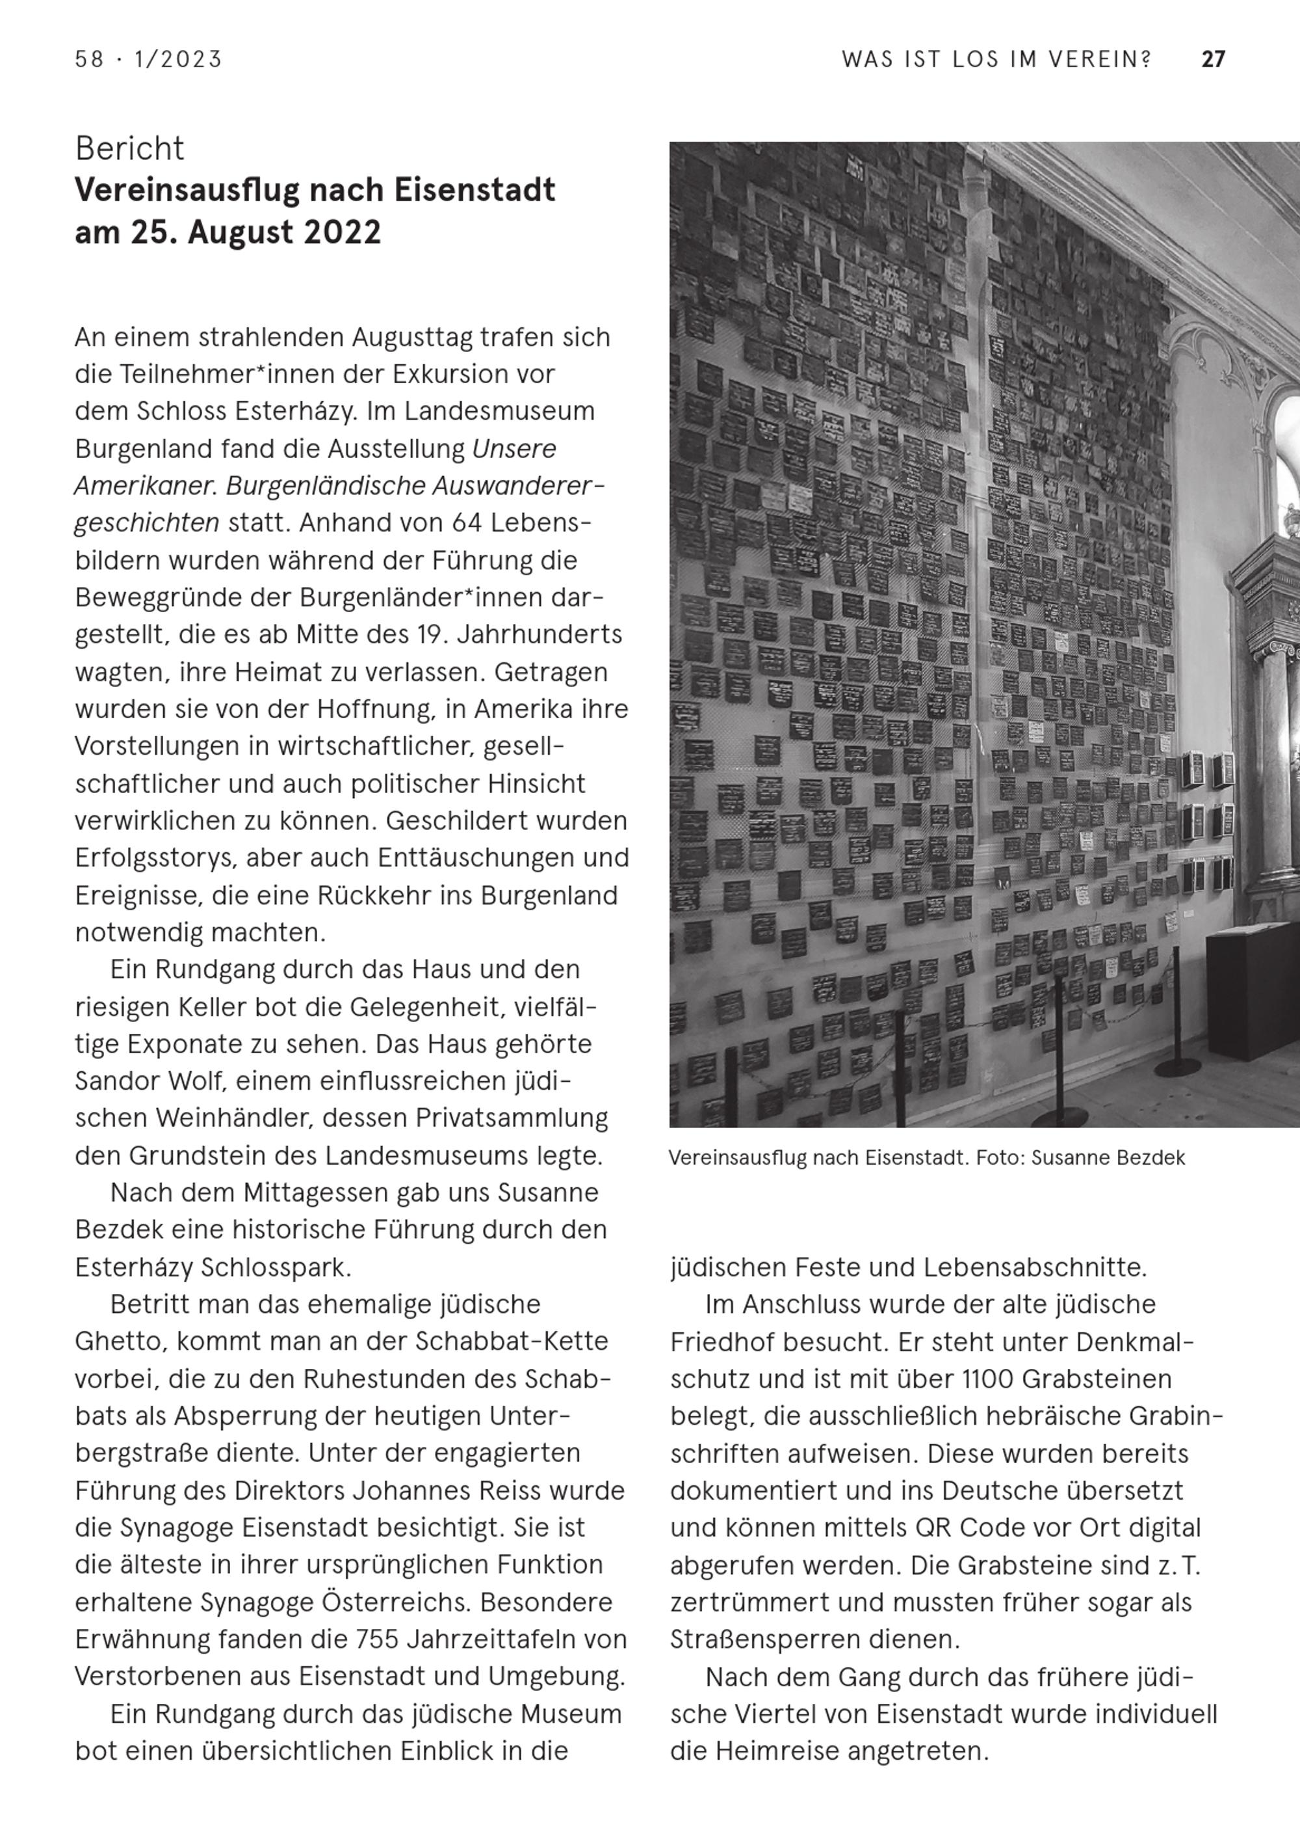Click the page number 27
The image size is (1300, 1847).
tap(1212, 60)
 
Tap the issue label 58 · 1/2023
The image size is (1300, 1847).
tap(148, 60)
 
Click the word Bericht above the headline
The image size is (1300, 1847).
tap(129, 149)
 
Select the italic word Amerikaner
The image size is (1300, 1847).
tap(146, 486)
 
